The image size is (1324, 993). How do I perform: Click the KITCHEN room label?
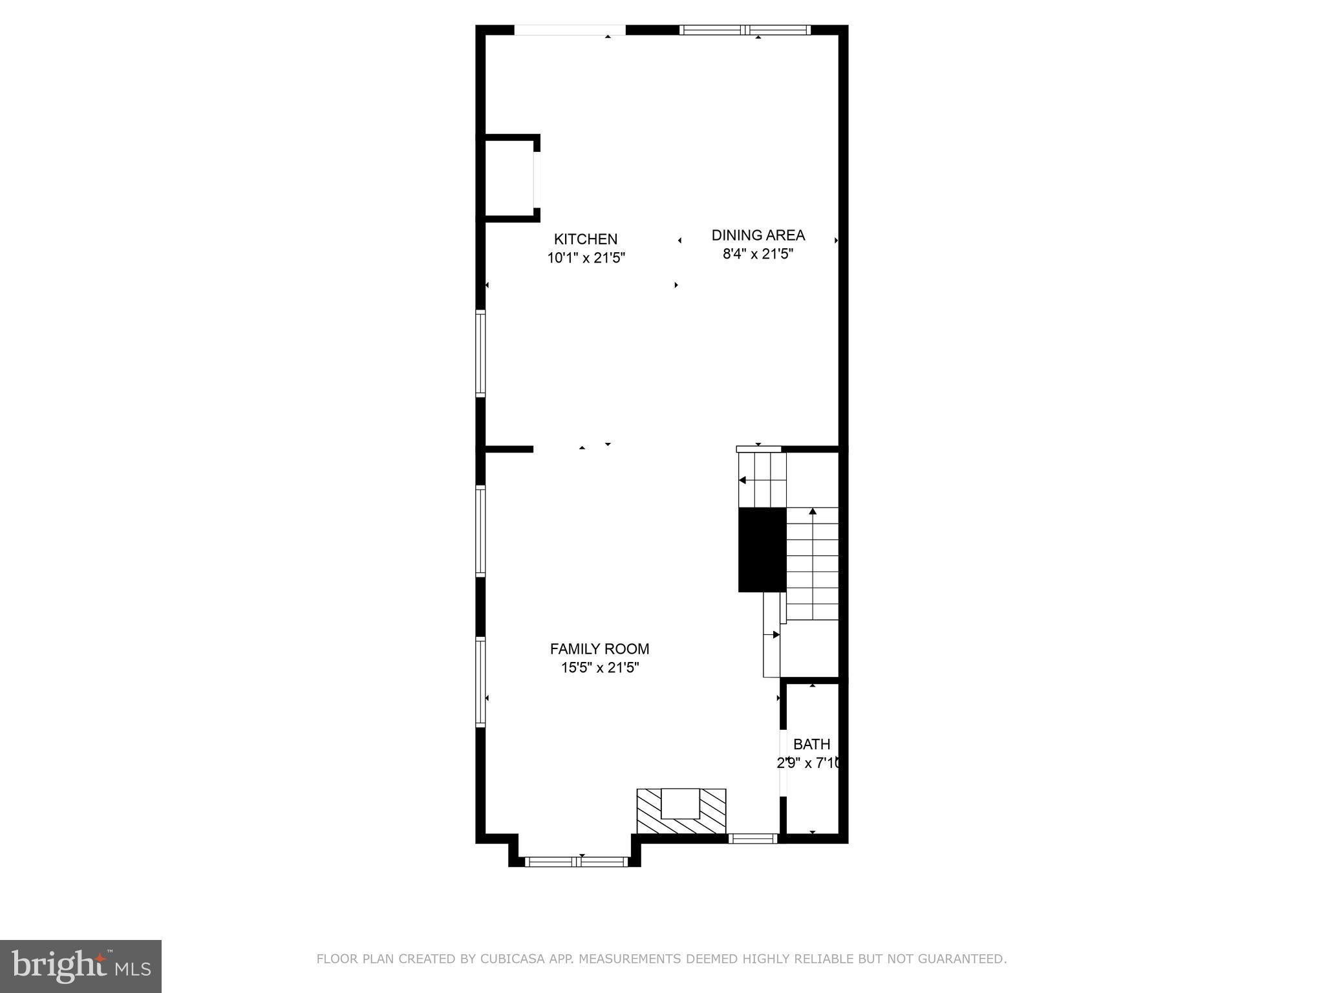[586, 239]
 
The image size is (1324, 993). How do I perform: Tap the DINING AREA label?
[758, 235]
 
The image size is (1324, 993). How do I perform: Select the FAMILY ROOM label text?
[599, 649]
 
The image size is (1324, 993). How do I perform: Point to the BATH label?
[811, 744]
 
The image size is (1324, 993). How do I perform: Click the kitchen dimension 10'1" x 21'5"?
[586, 258]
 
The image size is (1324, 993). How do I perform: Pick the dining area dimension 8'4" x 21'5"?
[758, 254]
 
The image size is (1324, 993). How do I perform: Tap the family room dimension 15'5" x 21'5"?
[599, 668]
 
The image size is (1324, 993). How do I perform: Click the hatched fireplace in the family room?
[681, 812]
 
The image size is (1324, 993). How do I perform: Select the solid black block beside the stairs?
[762, 550]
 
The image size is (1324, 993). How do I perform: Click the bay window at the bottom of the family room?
[576, 861]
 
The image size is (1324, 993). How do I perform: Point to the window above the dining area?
[745, 30]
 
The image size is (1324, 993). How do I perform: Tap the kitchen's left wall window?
[480, 353]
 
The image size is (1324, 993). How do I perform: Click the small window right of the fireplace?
[753, 839]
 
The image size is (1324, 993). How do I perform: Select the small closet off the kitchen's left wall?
[509, 178]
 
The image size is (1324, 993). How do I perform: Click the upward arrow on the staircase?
[813, 512]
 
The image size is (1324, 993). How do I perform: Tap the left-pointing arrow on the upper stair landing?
[743, 480]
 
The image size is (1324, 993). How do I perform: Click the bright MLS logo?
[81, 966]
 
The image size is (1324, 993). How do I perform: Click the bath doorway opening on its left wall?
[783, 763]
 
